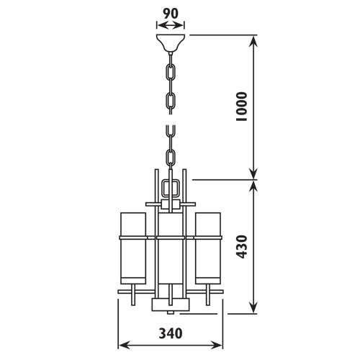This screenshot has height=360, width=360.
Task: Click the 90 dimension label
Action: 171,14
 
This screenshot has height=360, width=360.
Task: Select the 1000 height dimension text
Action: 241,107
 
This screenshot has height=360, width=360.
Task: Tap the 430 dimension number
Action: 241,247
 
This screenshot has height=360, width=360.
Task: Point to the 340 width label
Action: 171,333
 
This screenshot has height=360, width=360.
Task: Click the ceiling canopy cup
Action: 171,43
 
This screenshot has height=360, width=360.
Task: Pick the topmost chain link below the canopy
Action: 171,72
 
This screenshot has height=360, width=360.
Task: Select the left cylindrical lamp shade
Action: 133,248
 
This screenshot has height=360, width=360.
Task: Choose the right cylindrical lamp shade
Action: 208,248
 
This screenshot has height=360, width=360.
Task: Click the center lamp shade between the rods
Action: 171,248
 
